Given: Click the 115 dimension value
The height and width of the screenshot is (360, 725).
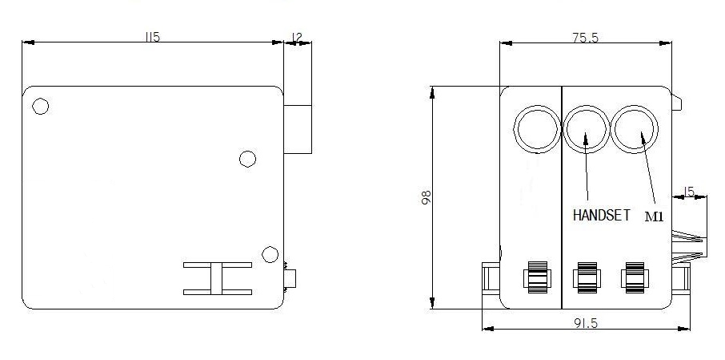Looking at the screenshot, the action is (x=152, y=37).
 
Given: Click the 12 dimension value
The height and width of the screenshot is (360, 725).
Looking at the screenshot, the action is (x=298, y=37).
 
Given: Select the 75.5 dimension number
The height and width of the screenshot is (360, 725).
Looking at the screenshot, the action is (x=586, y=38).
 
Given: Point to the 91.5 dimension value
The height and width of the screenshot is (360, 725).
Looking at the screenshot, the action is (x=586, y=323).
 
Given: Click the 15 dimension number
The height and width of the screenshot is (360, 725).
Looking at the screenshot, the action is (x=689, y=192).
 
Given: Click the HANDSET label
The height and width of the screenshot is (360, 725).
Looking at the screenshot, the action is (x=601, y=215).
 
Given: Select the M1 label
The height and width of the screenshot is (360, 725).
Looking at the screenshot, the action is (x=654, y=216).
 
